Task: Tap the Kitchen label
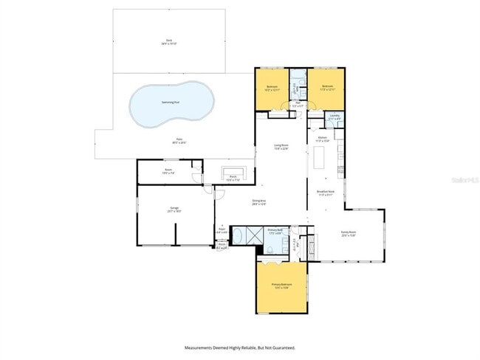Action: tap(323, 139)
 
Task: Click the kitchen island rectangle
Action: tap(320, 158)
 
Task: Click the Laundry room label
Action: tap(335, 116)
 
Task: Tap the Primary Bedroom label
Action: tap(281, 285)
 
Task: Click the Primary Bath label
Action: tap(275, 231)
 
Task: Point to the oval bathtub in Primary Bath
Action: tap(241, 237)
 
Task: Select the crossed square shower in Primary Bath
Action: tap(254, 237)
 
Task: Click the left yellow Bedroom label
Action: tap(271, 87)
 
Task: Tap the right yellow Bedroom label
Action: tap(328, 87)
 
